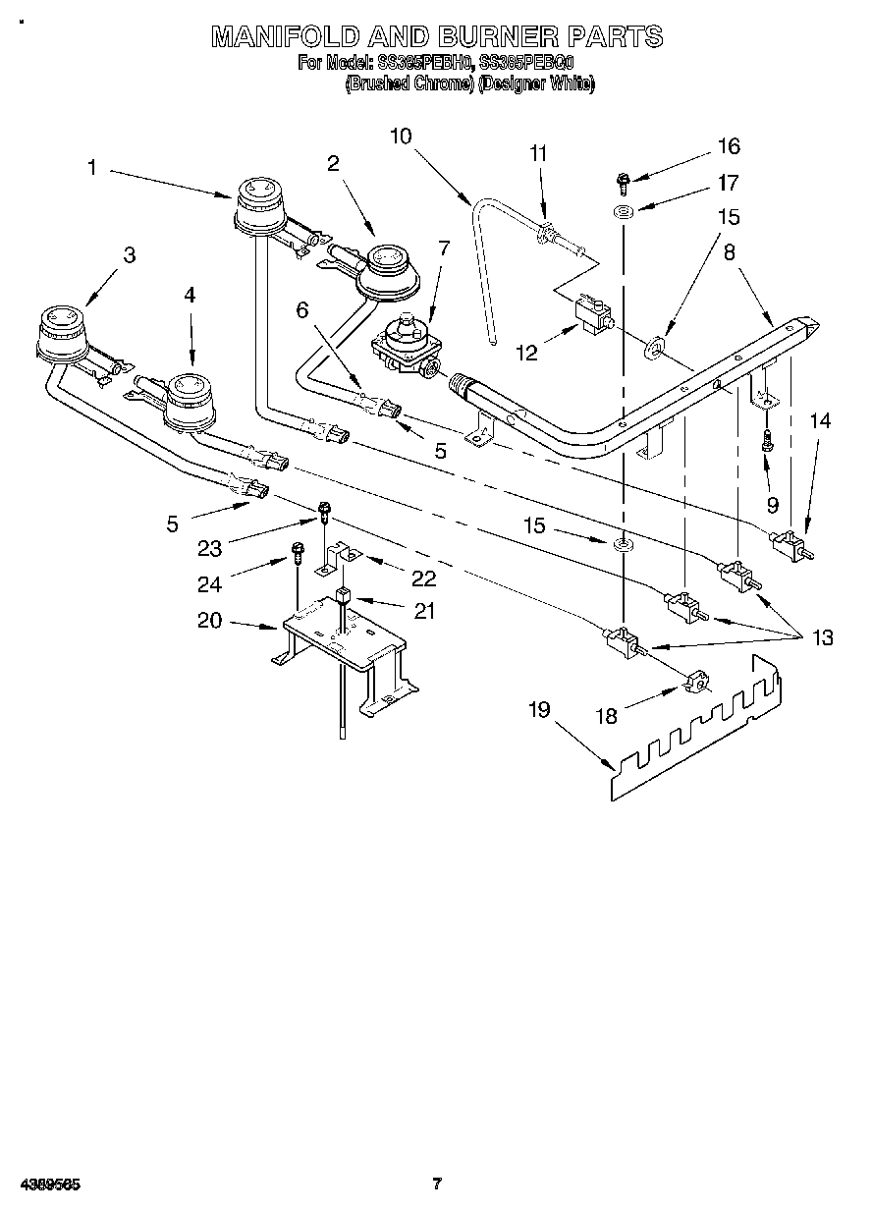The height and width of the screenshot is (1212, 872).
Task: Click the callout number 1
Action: (91, 168)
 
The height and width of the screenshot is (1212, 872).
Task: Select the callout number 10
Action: (402, 136)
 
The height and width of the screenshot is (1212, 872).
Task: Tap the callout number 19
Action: (539, 709)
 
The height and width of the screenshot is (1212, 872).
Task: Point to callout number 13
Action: (822, 637)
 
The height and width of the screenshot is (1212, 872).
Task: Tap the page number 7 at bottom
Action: (438, 1184)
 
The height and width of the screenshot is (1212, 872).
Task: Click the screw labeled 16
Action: (623, 180)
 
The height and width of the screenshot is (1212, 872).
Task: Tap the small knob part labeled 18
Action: (695, 680)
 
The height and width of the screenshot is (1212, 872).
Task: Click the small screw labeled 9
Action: (768, 444)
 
